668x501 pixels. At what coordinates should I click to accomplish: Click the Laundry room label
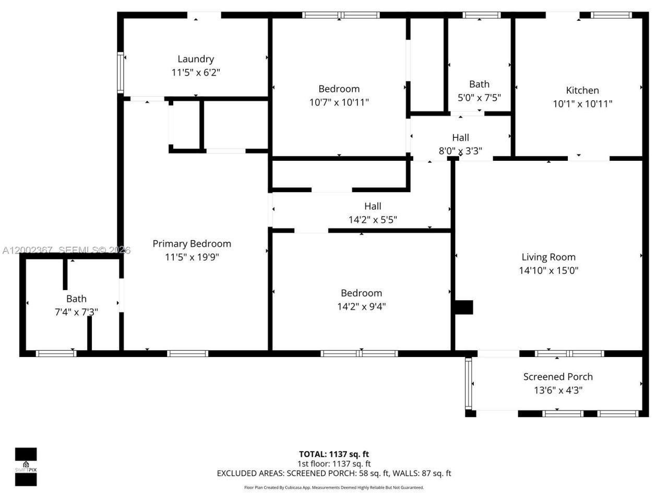[196, 59]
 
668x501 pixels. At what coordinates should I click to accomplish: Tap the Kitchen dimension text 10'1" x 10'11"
[582, 104]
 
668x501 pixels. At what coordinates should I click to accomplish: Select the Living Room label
[548, 257]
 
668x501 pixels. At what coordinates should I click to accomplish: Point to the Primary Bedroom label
[192, 244]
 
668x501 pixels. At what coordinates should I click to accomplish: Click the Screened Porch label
[558, 377]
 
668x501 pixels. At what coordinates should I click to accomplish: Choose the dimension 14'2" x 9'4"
[361, 306]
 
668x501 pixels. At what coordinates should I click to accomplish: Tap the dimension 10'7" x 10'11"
[339, 102]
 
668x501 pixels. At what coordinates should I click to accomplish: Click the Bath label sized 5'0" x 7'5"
[479, 84]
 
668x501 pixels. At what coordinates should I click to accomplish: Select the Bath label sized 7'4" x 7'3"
[76, 299]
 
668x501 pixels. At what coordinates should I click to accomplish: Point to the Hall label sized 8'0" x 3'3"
[460, 138]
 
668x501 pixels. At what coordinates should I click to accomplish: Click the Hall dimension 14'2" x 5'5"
[373, 220]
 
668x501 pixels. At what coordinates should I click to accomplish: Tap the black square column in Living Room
[464, 307]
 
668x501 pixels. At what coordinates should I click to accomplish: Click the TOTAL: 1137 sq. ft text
[334, 454]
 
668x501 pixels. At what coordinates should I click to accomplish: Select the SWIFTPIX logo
[26, 467]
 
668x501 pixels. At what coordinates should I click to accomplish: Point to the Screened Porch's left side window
[468, 384]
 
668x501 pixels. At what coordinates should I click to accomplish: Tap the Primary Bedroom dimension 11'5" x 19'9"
[192, 257]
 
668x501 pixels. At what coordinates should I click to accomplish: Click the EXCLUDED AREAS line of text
[334, 473]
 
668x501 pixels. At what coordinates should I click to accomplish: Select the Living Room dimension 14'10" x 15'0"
[548, 270]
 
